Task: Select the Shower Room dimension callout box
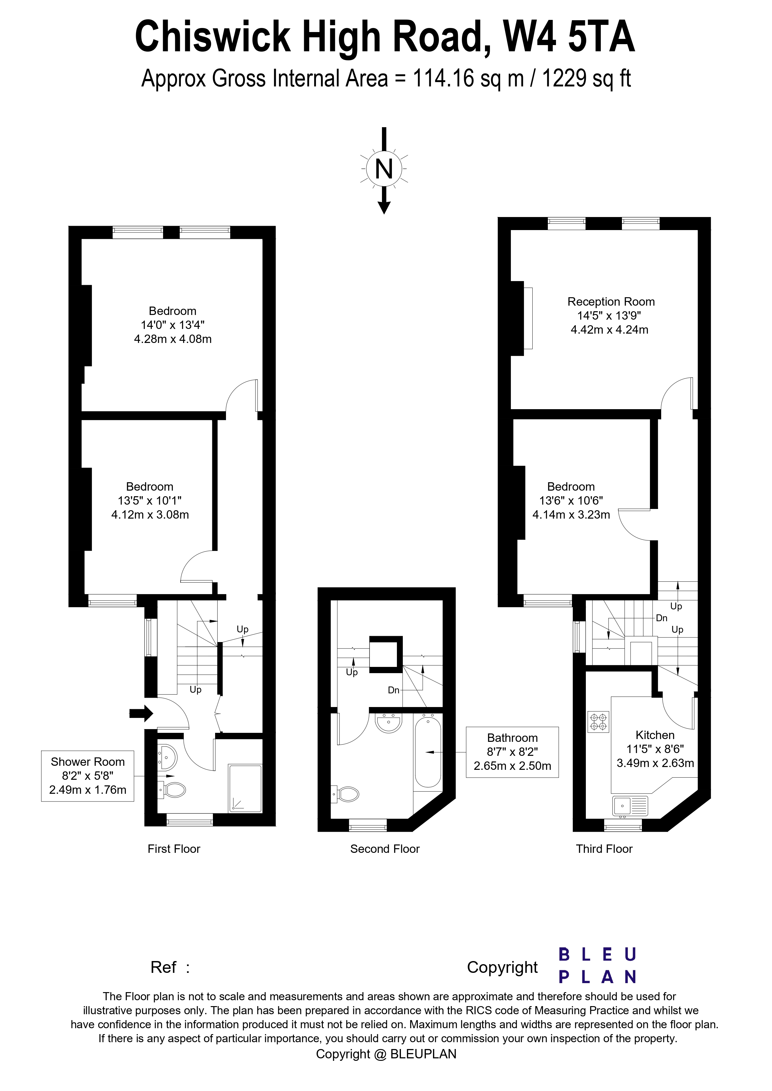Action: coord(87,776)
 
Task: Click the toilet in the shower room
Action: coord(173,791)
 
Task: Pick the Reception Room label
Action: coord(611,302)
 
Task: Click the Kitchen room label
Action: coord(655,735)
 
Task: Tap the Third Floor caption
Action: coord(604,849)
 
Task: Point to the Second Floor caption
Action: coord(385,849)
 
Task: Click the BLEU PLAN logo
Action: coord(597,966)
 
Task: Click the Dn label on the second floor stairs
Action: coord(393,690)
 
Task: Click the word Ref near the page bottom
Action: coord(163,967)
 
